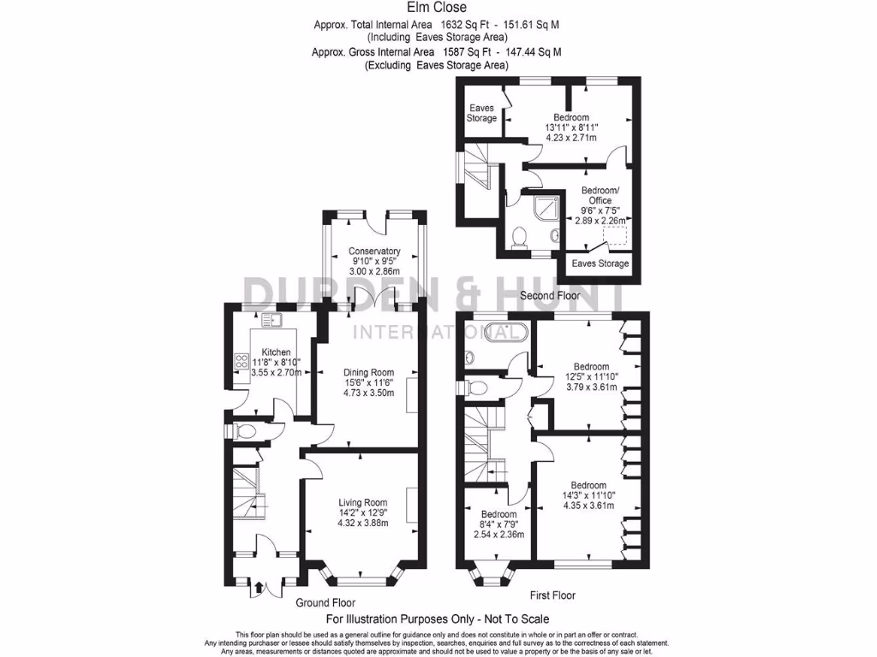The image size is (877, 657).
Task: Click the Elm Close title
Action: coord(438,9)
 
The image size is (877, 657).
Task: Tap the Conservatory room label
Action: coord(374,252)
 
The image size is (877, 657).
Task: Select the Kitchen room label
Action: coord(276,352)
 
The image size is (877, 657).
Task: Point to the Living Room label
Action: coord(362,503)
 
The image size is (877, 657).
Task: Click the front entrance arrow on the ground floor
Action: coord(258,588)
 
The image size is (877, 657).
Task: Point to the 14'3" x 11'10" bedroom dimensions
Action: coord(584,495)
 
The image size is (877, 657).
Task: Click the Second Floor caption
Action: coord(550,296)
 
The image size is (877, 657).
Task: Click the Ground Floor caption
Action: coord(325,603)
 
